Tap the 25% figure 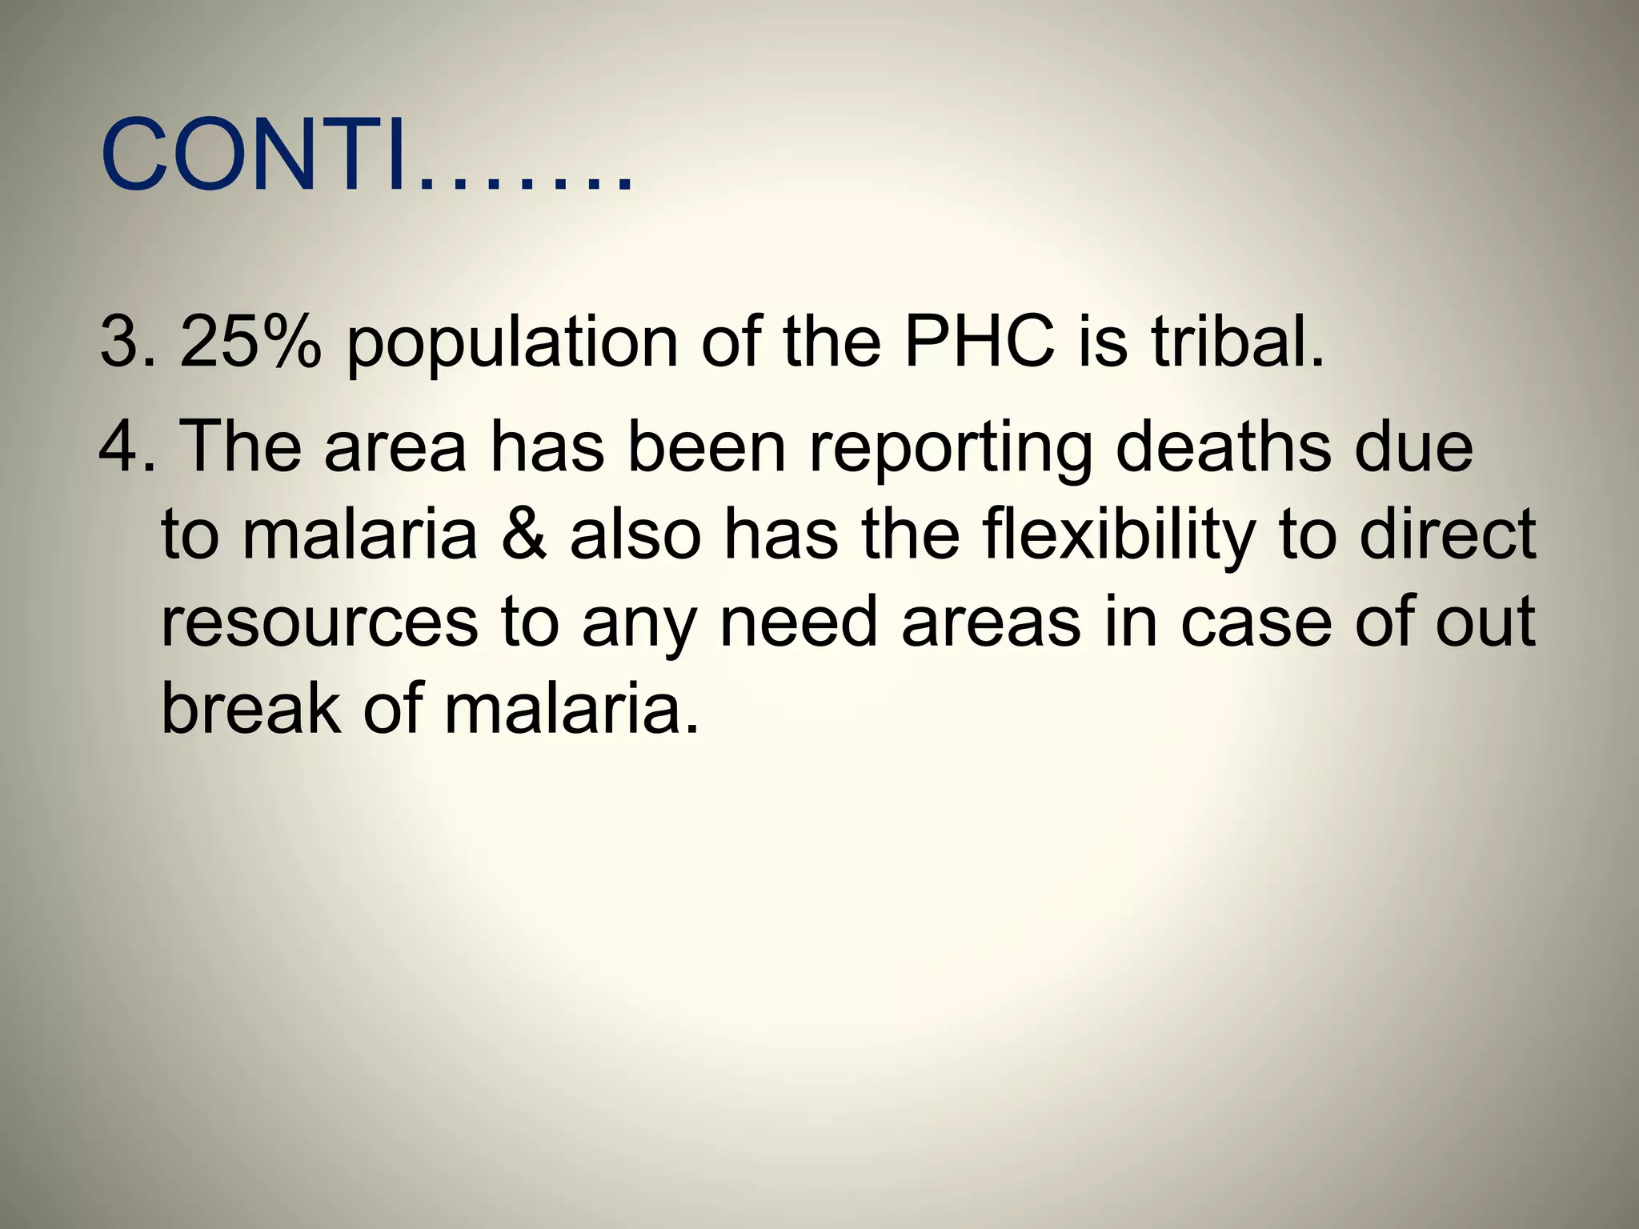coord(250,342)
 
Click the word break coord(250,708)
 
